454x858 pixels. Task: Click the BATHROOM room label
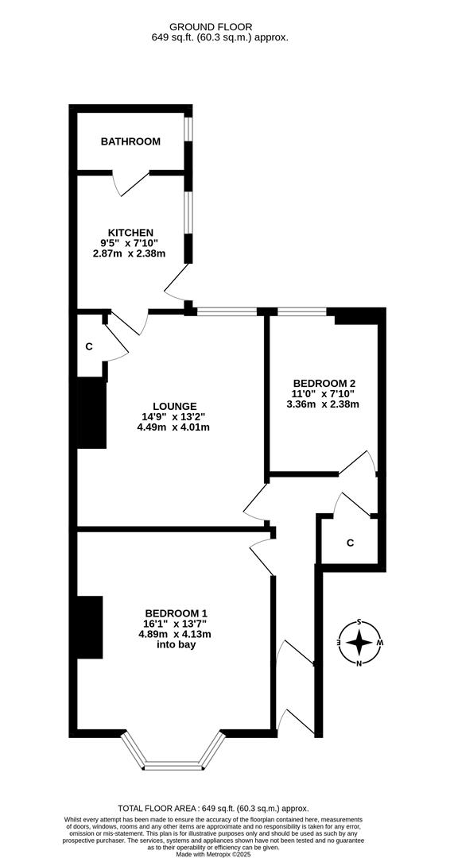pos(130,141)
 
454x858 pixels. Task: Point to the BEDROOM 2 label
pos(325,381)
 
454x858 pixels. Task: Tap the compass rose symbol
pos(359,642)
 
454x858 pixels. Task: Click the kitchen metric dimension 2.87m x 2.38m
pos(129,254)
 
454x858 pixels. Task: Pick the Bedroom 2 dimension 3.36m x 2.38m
pos(324,404)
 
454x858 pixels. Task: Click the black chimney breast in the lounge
pos(92,413)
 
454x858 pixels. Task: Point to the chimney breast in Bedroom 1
pos(91,627)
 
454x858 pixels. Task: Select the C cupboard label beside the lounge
pos(90,346)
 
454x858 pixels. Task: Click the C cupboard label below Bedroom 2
pos(350,543)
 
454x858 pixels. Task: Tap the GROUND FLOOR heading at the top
pos(219,25)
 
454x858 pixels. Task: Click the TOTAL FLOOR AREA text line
pos(213,808)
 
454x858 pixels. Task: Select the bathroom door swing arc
pos(127,185)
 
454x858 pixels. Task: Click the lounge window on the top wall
pos(227,312)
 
